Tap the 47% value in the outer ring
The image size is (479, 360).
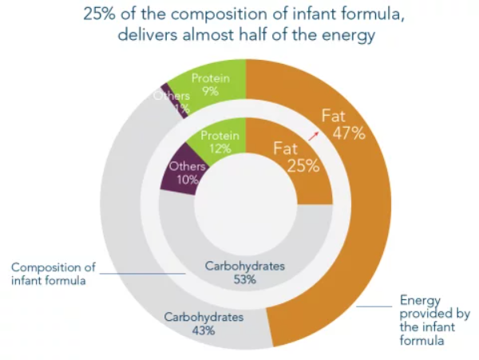click(x=349, y=133)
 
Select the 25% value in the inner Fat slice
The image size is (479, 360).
click(x=303, y=166)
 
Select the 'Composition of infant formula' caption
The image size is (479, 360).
click(x=50, y=274)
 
